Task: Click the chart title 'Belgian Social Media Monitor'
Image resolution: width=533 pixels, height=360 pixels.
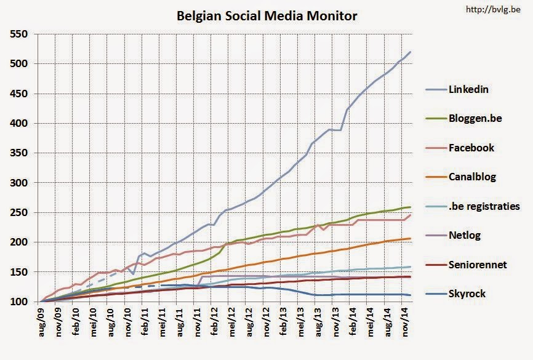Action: click(266, 15)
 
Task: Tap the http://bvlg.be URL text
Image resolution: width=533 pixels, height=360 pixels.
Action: click(497, 9)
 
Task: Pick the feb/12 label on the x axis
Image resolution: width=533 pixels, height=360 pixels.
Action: click(215, 321)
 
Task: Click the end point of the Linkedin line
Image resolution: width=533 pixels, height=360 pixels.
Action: click(411, 52)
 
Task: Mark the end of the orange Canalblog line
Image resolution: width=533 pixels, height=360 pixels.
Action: click(411, 238)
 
